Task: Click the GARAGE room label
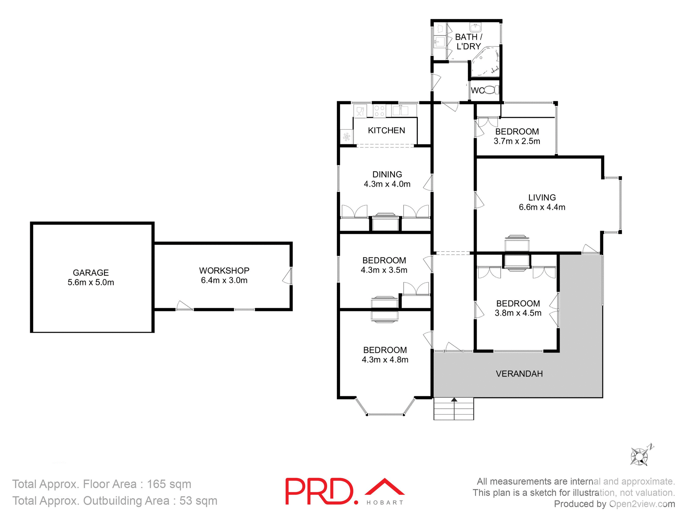[x=91, y=273]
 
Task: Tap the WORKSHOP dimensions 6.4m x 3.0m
[x=224, y=280]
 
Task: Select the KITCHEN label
[x=386, y=130]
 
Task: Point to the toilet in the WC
[x=491, y=90]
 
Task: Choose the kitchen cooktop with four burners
[x=379, y=111]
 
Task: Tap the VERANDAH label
[x=519, y=374]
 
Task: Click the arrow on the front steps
[x=454, y=400]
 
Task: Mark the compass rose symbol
[x=639, y=456]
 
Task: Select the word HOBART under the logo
[x=385, y=503]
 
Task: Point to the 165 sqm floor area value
[x=169, y=484]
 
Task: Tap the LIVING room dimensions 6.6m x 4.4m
[x=542, y=207]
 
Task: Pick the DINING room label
[x=387, y=174]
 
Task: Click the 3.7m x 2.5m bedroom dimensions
[x=516, y=141]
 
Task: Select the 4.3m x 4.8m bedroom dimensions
[x=385, y=360]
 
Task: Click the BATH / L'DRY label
[x=468, y=41]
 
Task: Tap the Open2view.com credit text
[x=642, y=504]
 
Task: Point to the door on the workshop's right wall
[x=288, y=276]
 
